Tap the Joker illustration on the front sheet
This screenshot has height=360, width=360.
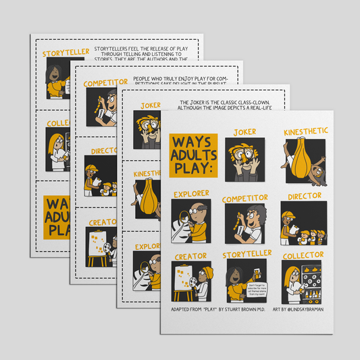[x=244, y=159]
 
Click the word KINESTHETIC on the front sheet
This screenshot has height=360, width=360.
[x=303, y=129]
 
